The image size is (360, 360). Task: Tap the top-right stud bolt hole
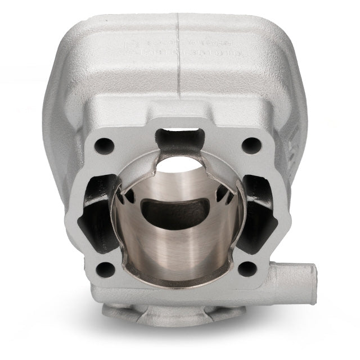[x=247, y=145]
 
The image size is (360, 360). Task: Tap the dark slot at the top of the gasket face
[x=179, y=136]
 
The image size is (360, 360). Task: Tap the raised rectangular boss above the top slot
[x=179, y=120]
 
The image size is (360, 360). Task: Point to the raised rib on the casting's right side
[x=293, y=141]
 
